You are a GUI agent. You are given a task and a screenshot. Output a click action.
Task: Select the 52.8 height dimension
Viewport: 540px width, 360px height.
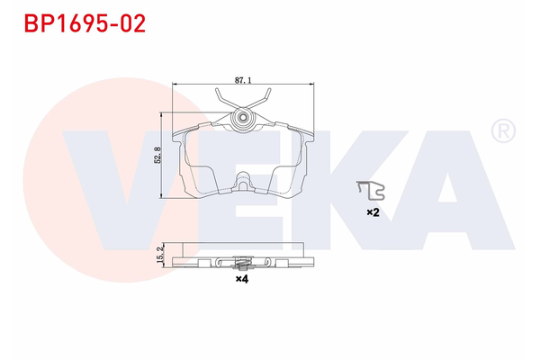pyautogui.click(x=157, y=156)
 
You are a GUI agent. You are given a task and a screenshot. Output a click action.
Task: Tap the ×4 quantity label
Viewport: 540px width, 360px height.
pyautogui.click(x=240, y=279)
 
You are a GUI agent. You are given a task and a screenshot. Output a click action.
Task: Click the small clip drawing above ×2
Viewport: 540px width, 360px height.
pyautogui.click(x=370, y=190)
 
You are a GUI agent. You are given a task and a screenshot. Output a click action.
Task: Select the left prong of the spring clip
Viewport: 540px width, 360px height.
pyautogui.click(x=220, y=99)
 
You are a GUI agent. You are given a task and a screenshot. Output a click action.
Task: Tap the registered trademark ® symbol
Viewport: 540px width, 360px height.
pyautogui.click(x=502, y=132)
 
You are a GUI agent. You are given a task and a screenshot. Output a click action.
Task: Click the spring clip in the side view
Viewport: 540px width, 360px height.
pyautogui.click(x=240, y=263)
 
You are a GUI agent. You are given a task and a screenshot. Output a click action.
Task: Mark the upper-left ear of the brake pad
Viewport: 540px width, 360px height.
pyautogui.click(x=178, y=135)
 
